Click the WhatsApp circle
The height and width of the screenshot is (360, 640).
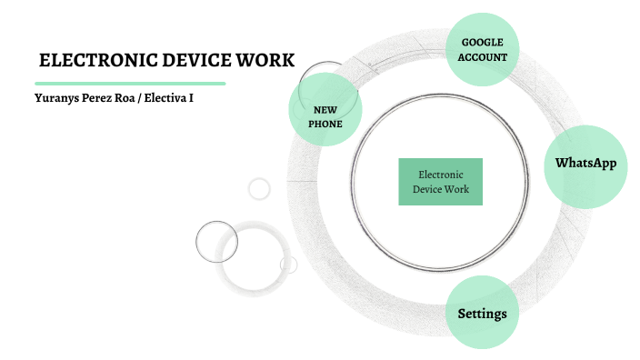(585, 165)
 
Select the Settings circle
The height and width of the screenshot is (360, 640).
(482, 314)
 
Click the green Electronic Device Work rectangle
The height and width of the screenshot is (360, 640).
(440, 182)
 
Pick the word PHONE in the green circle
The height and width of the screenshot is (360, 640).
(325, 124)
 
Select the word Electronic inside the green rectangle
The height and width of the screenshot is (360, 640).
(440, 174)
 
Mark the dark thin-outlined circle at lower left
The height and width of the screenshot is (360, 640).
(216, 242)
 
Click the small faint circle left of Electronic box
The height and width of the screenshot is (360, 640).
(259, 189)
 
